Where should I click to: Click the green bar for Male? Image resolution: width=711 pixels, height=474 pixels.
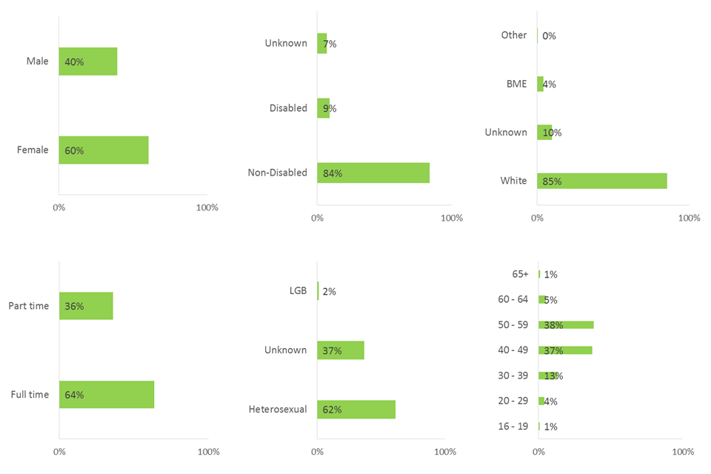pyautogui.click(x=88, y=61)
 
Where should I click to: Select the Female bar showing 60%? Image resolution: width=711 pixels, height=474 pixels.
pyautogui.click(x=104, y=150)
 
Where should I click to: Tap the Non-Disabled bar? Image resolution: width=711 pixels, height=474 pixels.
pyautogui.click(x=373, y=173)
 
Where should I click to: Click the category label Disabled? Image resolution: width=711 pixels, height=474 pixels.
pyautogui.click(x=288, y=108)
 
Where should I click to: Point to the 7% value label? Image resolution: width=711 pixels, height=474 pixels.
pyautogui.click(x=330, y=44)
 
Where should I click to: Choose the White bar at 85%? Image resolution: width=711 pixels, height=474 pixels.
pyautogui.click(x=602, y=181)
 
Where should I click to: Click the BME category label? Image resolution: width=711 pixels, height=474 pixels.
pyautogui.click(x=516, y=84)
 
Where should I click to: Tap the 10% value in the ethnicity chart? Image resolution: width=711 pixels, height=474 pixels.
pyautogui.click(x=552, y=133)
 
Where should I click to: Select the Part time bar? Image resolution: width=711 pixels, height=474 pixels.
pyautogui.click(x=86, y=306)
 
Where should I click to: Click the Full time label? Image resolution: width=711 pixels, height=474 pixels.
pyautogui.click(x=30, y=395)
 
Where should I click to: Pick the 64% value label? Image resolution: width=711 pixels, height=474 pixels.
pyautogui.click(x=74, y=395)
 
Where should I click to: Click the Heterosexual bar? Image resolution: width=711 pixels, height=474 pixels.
pyautogui.click(x=356, y=410)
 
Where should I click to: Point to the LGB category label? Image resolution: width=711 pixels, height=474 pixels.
pyautogui.click(x=296, y=291)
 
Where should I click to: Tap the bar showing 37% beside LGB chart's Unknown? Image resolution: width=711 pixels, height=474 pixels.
pyautogui.click(x=341, y=350)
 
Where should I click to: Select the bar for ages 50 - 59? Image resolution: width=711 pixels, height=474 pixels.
pyautogui.click(x=566, y=324)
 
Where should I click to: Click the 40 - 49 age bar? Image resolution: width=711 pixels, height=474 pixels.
pyautogui.click(x=565, y=350)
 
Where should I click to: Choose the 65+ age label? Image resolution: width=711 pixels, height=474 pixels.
pyautogui.click(x=520, y=274)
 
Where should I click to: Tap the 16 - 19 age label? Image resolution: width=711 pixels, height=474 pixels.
pyautogui.click(x=513, y=427)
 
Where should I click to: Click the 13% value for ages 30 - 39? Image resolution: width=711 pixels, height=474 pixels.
pyautogui.click(x=553, y=375)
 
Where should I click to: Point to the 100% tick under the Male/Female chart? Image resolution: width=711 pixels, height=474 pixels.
pyautogui.click(x=207, y=207)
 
